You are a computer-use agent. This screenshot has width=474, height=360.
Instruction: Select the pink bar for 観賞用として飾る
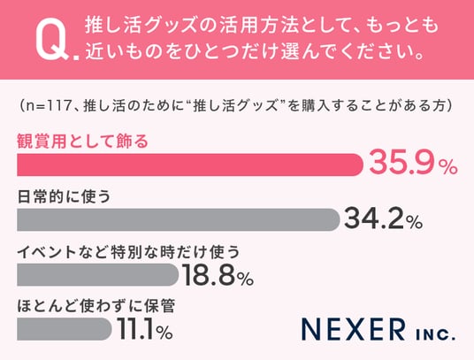click(x=190, y=165)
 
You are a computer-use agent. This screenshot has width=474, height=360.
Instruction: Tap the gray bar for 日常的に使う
click(x=179, y=219)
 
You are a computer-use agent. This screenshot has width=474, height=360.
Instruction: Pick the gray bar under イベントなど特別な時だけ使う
click(x=97, y=275)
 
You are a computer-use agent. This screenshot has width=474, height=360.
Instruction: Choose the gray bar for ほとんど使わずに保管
click(x=65, y=329)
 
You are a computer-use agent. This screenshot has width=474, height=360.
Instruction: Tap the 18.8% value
click(x=218, y=274)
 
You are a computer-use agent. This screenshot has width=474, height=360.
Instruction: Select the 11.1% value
click(x=145, y=328)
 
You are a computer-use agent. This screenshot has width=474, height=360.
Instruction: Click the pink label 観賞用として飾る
click(x=82, y=142)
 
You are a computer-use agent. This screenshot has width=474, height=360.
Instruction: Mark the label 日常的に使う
click(x=64, y=196)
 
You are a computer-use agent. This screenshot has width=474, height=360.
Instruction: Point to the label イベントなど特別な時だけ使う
click(x=128, y=252)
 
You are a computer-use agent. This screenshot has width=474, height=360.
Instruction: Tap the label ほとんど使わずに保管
click(x=96, y=306)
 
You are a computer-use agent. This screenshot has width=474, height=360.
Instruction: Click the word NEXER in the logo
click(x=354, y=329)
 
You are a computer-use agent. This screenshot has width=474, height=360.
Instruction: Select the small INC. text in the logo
click(x=435, y=334)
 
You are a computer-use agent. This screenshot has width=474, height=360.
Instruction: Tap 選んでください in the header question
click(x=344, y=51)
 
